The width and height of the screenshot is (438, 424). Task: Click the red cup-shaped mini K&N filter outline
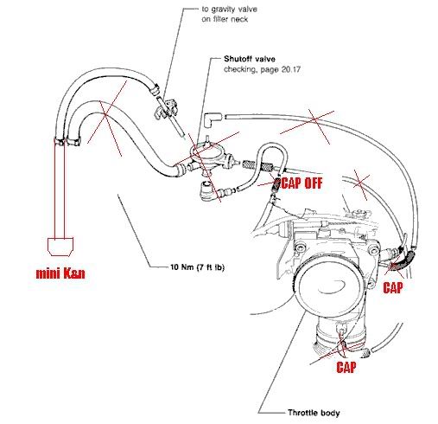(60, 247)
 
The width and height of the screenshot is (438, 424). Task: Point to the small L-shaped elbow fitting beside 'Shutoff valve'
(213, 120)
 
